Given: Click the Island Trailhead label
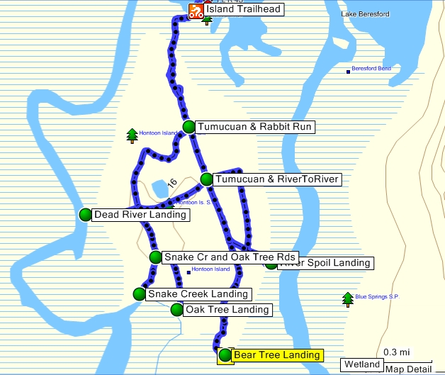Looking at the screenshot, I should coord(244,9).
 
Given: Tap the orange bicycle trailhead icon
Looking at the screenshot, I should coord(196,10).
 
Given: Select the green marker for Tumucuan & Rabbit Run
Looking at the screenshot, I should coord(188,127).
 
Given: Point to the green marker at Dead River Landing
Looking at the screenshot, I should coord(86,214).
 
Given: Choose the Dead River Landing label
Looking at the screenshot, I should coord(141,214).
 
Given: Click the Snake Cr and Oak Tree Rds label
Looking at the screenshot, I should coord(229,257).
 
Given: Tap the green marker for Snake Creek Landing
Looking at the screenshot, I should coord(140,293).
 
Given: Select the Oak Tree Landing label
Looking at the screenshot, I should coord(227,309).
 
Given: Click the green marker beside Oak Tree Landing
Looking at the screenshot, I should coord(176,309).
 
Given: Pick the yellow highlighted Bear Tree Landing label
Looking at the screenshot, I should coord(277,355).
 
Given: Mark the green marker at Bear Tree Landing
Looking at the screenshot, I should coord(225,355).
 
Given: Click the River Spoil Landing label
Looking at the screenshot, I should coord(325,263).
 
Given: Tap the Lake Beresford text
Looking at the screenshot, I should coord(364,14).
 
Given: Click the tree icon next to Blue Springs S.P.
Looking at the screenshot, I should coord(347,299).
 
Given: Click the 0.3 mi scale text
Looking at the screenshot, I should coord(396,352).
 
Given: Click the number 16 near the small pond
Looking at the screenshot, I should coord(171,183).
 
